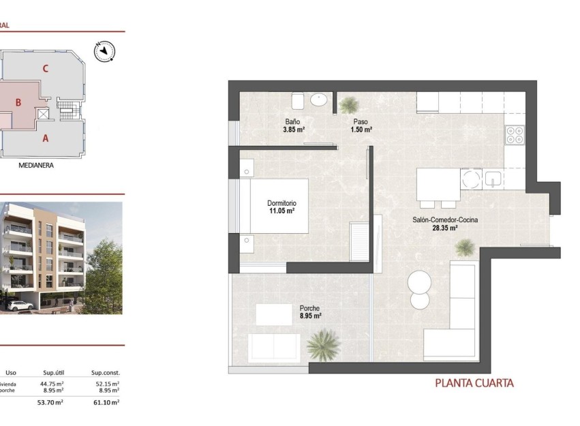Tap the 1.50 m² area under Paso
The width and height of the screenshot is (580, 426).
click(x=361, y=130)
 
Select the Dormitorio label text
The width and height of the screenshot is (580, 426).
click(x=281, y=203)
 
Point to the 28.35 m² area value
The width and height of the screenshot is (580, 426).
click(x=444, y=228)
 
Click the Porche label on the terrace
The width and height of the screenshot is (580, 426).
click(x=309, y=307)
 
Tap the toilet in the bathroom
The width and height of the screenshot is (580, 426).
click(x=298, y=101)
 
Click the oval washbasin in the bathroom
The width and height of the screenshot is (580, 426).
click(x=319, y=100)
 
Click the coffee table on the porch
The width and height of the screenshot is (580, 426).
click(x=274, y=314)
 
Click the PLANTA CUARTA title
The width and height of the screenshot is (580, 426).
click(x=474, y=384)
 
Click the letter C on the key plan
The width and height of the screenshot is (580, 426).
click(x=45, y=68)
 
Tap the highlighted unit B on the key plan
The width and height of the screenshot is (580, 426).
click(x=19, y=103)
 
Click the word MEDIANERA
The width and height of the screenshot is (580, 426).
click(x=37, y=165)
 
